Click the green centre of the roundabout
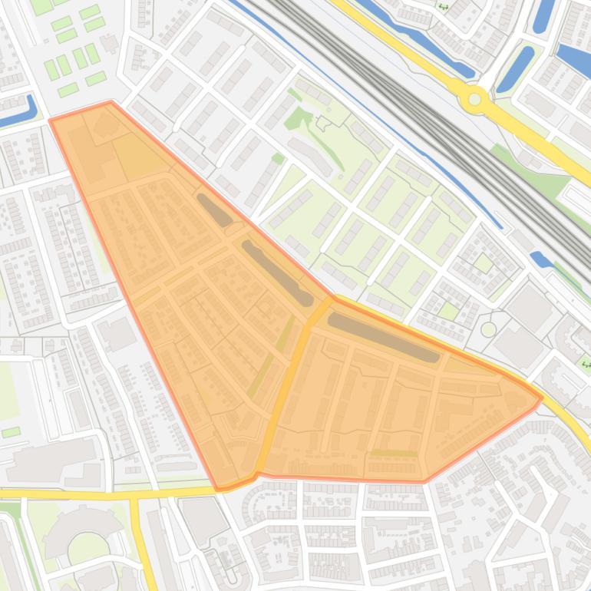click(x=475, y=99)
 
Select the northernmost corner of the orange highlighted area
click(x=111, y=101)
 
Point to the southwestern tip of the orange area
click(x=220, y=487)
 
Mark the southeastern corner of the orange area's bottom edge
click(x=424, y=481)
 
